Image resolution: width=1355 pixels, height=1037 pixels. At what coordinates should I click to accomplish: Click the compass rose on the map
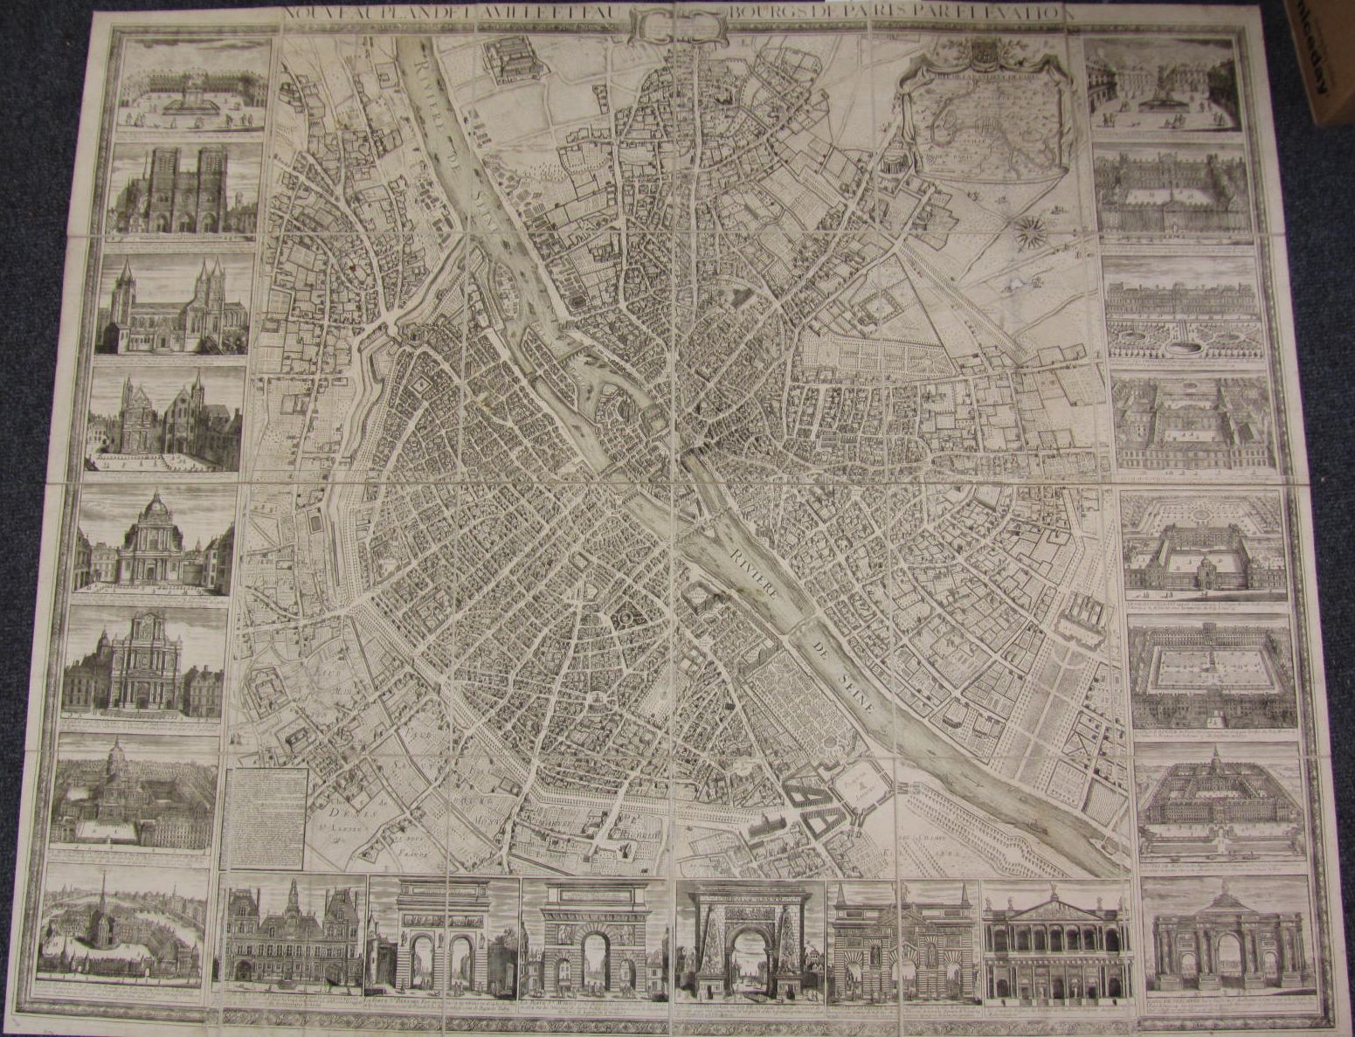pyautogui.click(x=1029, y=229)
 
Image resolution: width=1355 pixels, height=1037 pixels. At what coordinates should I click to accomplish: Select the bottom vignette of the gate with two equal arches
pyautogui.click(x=444, y=937)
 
